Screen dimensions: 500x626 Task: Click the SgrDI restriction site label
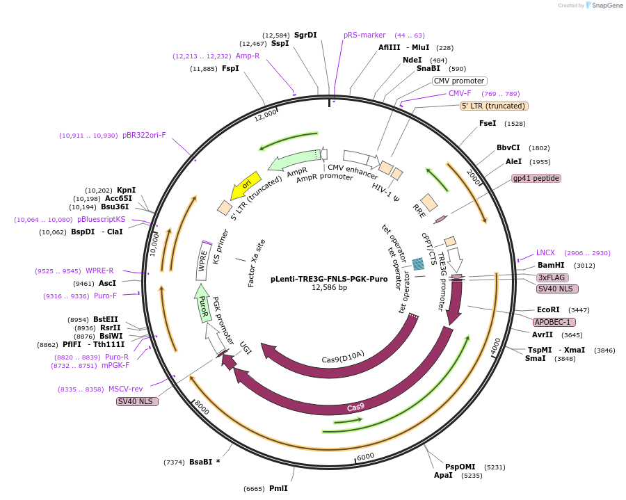(x=305, y=35)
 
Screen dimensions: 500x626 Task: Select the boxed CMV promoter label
(x=459, y=81)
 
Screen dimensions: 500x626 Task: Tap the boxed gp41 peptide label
(x=536, y=178)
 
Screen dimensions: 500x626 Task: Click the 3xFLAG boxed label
(x=552, y=277)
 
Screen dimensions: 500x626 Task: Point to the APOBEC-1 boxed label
(x=554, y=322)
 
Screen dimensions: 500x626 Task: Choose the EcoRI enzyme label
(x=548, y=309)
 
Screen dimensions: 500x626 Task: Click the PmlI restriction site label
(x=278, y=488)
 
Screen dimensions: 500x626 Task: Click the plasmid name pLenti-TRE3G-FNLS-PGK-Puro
(x=329, y=279)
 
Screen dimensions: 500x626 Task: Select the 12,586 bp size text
(x=329, y=288)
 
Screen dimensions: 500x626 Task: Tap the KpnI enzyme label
(x=126, y=190)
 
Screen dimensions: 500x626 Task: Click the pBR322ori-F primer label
(x=144, y=135)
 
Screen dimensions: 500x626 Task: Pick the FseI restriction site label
(x=488, y=123)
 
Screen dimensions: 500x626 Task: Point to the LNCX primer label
(x=545, y=252)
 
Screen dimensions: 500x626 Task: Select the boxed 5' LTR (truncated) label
(x=494, y=106)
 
